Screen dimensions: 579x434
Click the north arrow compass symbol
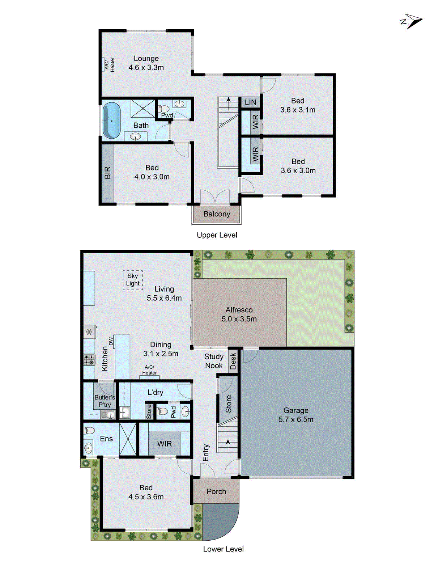(413, 21)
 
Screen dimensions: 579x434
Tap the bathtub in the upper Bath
(111, 121)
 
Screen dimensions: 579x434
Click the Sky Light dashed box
(133, 280)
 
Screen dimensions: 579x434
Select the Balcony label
(217, 214)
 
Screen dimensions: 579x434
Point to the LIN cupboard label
(250, 102)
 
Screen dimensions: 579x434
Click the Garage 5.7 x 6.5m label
(296, 415)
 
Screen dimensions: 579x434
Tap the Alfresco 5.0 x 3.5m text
(239, 314)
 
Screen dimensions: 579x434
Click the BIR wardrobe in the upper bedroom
(107, 173)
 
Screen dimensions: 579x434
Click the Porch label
(216, 491)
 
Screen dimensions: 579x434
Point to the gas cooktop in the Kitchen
(89, 360)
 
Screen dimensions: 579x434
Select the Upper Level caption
(217, 235)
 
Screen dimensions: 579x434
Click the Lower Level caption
(223, 549)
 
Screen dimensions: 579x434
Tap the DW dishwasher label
(111, 341)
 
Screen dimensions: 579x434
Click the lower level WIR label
(165, 444)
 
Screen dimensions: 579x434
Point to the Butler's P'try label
(105, 401)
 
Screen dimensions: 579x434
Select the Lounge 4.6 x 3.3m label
(146, 63)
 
